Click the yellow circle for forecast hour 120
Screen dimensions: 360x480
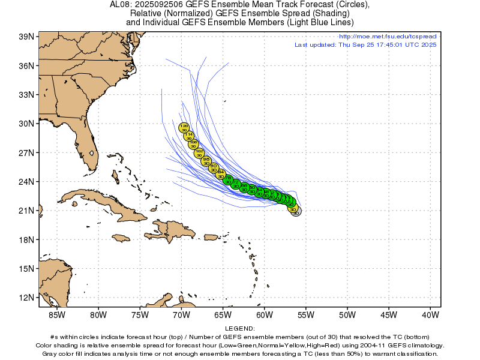point(184,127)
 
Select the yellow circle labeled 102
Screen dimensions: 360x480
point(200,153)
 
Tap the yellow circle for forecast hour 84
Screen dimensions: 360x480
point(220,174)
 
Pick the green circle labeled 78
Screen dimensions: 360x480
point(228,179)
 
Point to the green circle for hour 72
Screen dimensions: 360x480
point(236,184)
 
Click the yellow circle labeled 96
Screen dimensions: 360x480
point(206,161)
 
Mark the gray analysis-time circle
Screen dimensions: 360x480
point(296,211)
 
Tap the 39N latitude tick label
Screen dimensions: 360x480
point(26,37)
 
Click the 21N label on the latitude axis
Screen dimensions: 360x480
point(26,211)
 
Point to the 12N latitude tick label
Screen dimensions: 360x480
point(26,298)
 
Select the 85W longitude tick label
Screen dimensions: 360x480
point(56,314)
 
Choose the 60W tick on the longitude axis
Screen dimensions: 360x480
point(264,314)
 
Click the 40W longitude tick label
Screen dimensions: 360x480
point(430,314)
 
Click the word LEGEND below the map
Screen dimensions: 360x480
point(240,329)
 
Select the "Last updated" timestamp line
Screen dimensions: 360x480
point(365,45)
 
